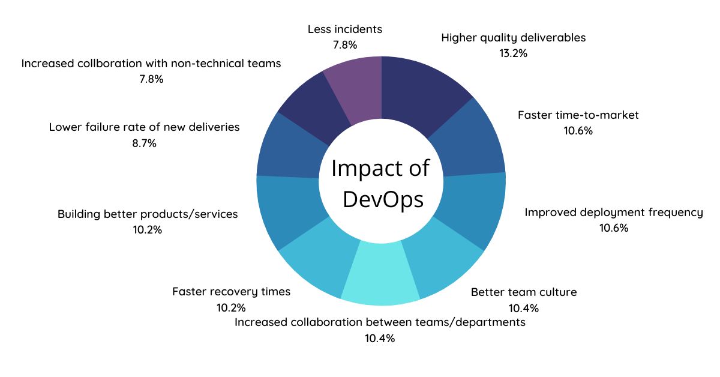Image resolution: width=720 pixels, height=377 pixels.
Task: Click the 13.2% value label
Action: click(513, 53)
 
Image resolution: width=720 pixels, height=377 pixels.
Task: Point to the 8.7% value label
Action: click(144, 143)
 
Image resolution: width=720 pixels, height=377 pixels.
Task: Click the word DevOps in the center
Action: click(383, 199)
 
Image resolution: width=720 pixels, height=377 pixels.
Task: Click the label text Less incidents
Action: click(344, 29)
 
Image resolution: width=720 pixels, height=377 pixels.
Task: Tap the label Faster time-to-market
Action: click(578, 115)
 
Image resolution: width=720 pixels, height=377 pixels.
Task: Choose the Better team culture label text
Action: click(523, 292)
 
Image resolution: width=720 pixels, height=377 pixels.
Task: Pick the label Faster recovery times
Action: click(231, 292)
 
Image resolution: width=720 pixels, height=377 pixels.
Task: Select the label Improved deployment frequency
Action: click(613, 213)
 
